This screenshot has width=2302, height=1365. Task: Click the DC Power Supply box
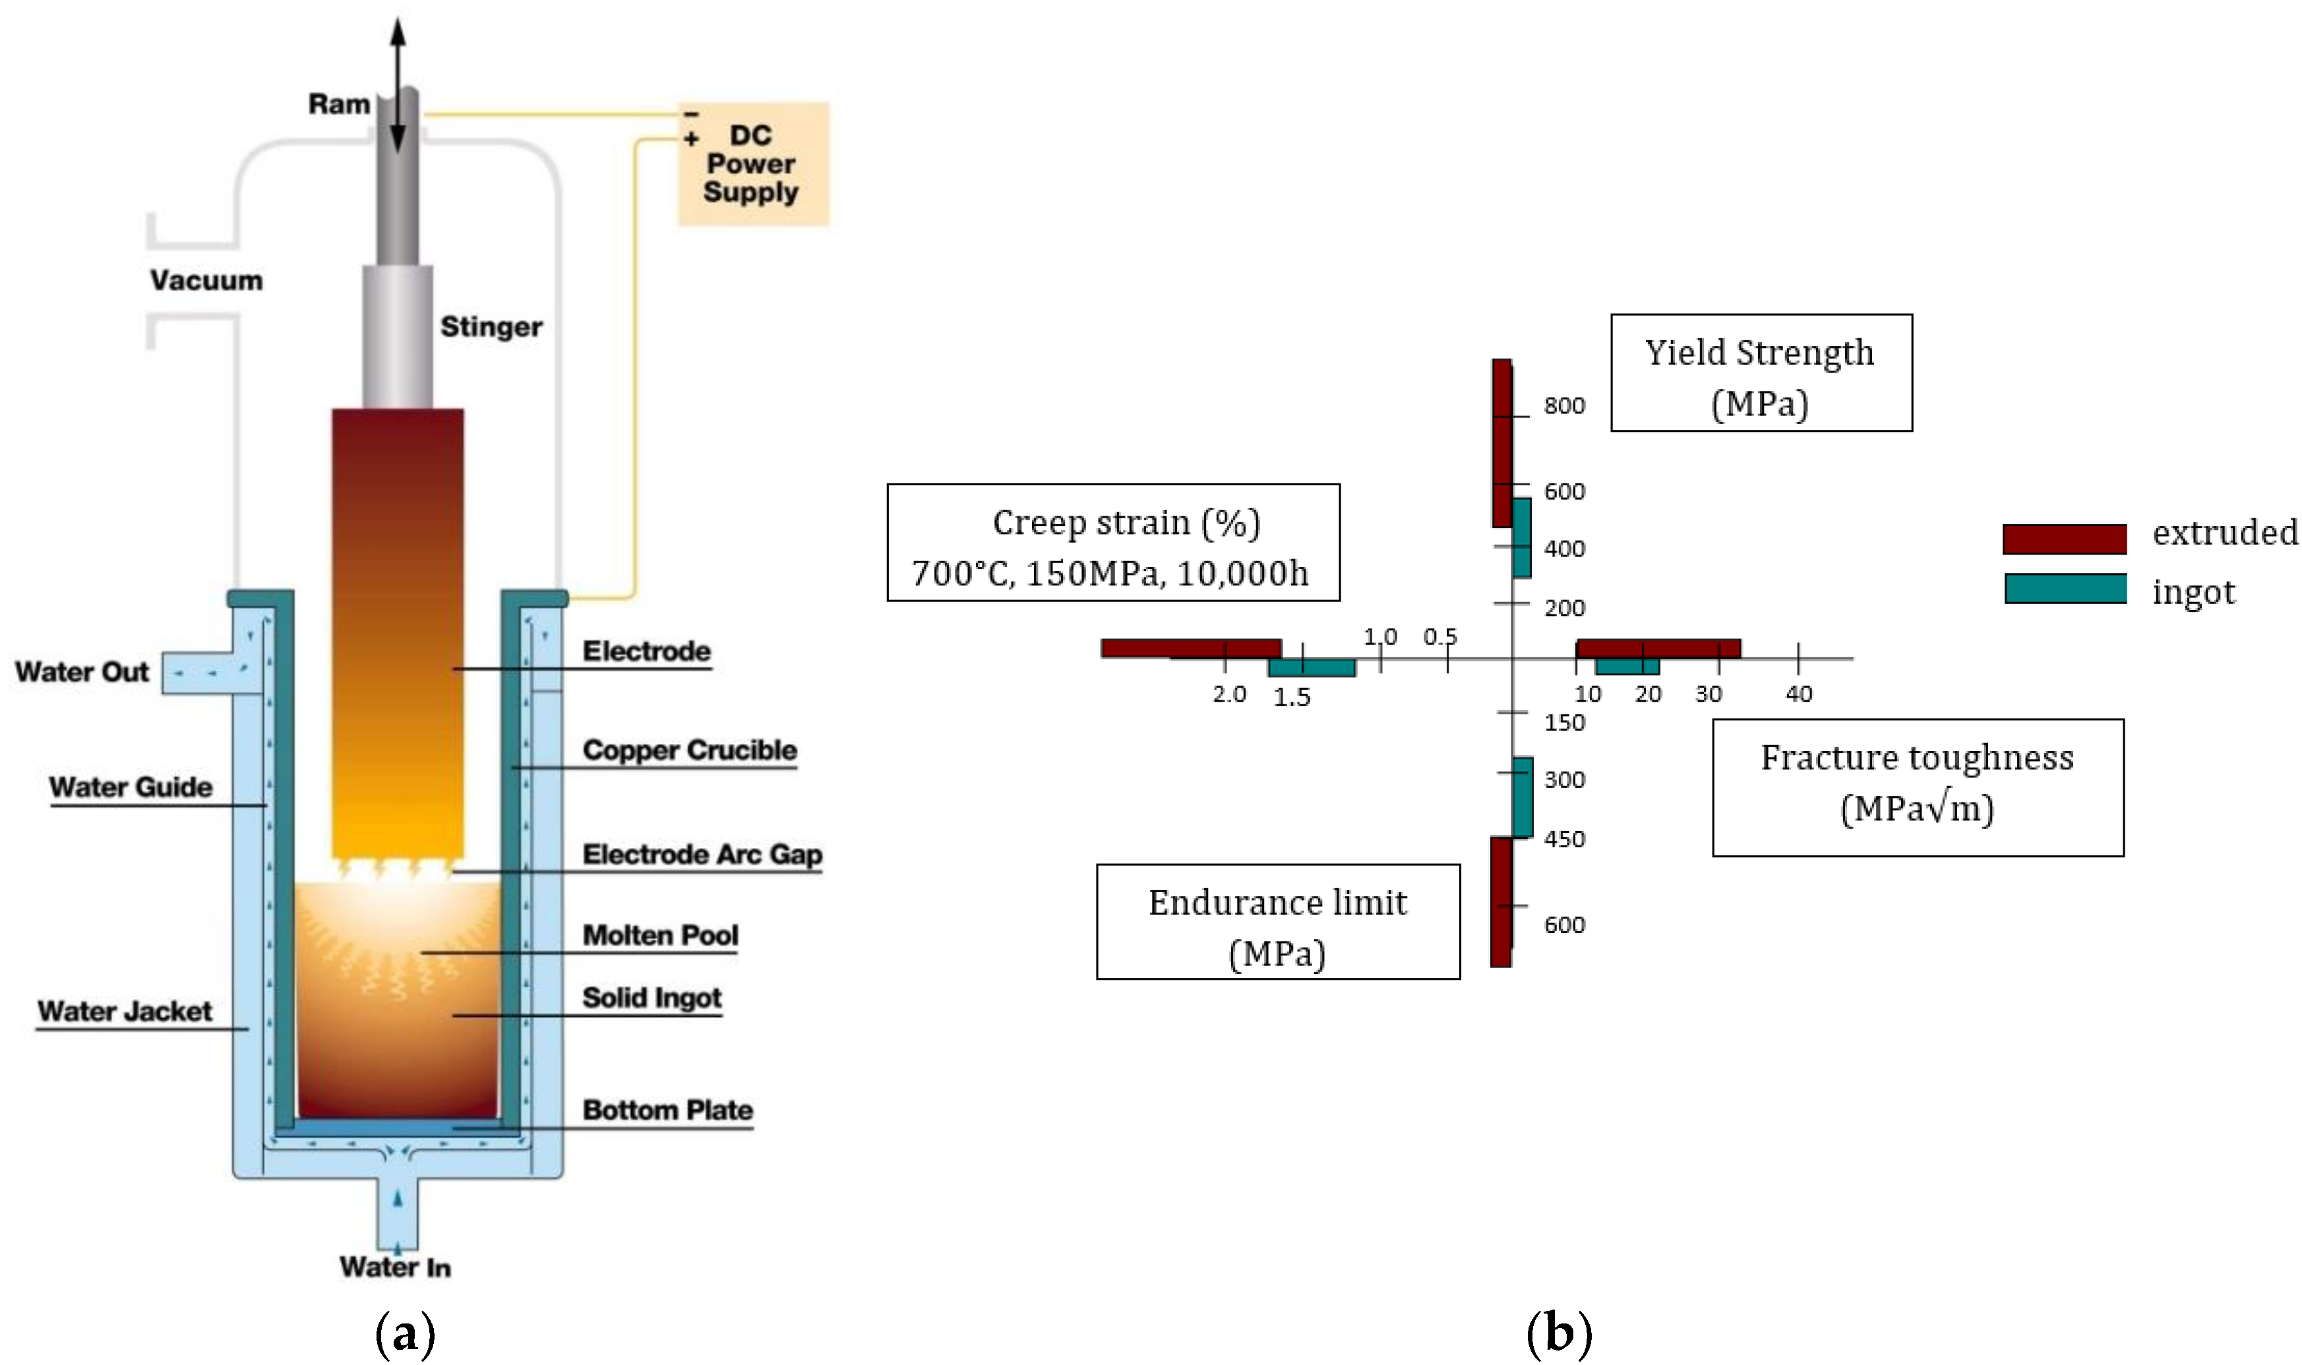pyautogui.click(x=753, y=164)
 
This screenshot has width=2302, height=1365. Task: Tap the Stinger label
pyautogui.click(x=491, y=326)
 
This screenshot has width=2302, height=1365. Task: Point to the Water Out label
pyautogui.click(x=82, y=671)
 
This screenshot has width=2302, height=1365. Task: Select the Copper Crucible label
pyautogui.click(x=690, y=750)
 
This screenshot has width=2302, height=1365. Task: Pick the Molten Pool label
pyautogui.click(x=660, y=936)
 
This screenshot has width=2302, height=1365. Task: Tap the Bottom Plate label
pyautogui.click(x=668, y=1110)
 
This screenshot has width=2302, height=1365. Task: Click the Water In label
pyautogui.click(x=396, y=1267)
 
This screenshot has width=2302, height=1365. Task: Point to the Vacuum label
pyautogui.click(x=207, y=280)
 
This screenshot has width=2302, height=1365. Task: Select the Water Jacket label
pyautogui.click(x=125, y=1012)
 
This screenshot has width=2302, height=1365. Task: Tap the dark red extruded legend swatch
pyautogui.click(x=2065, y=539)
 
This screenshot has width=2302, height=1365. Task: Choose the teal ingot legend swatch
pyautogui.click(x=2066, y=589)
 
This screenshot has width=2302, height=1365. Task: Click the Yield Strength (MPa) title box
pyautogui.click(x=1761, y=373)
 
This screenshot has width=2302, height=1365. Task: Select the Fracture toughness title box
pyautogui.click(x=1918, y=787)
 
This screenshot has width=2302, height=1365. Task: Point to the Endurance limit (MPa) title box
pyautogui.click(x=1279, y=922)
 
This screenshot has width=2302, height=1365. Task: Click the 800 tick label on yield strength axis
pyautogui.click(x=1564, y=406)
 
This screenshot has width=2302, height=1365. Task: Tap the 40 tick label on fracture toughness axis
pyautogui.click(x=1799, y=694)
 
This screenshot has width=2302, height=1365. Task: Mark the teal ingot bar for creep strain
pyautogui.click(x=1312, y=668)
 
